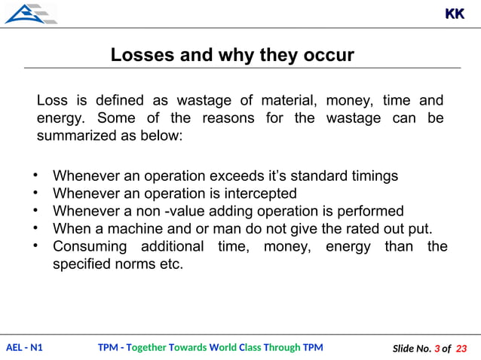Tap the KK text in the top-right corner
(455, 14)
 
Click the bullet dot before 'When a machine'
(35, 227)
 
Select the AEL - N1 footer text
(24, 348)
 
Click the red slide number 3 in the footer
(436, 349)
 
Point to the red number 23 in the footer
(462, 349)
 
